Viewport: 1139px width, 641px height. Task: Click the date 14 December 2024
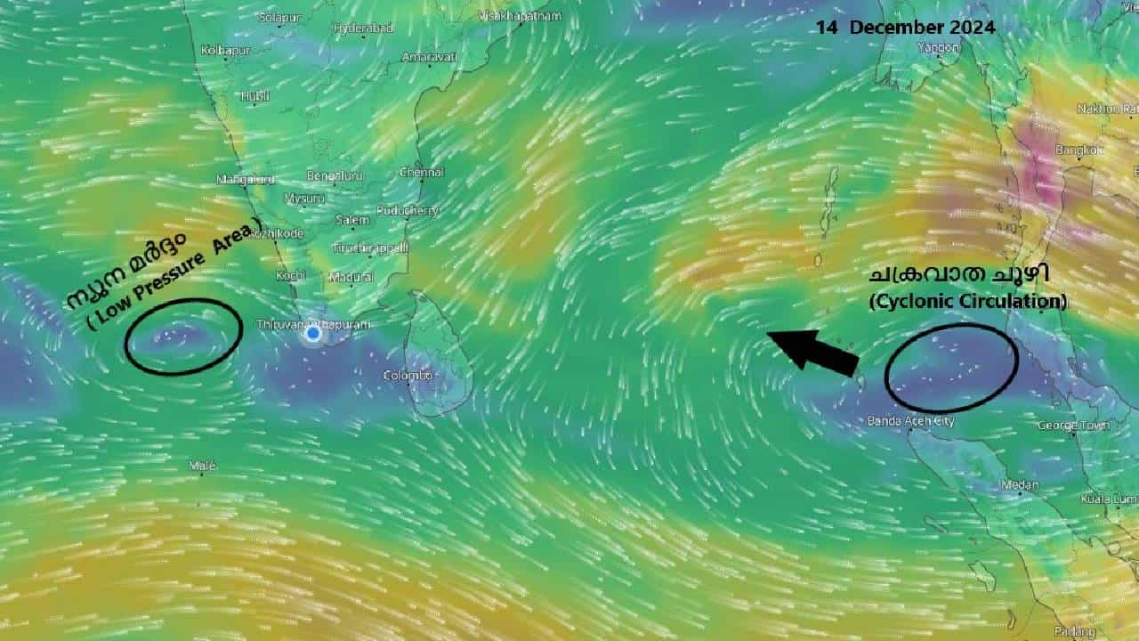tap(905, 28)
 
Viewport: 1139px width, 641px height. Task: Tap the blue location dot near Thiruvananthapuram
tap(313, 334)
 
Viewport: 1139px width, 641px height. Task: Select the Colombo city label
tap(408, 376)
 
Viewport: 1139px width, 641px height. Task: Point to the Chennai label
tap(422, 172)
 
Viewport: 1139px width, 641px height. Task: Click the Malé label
tap(203, 466)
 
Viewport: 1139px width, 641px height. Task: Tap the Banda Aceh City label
tap(910, 421)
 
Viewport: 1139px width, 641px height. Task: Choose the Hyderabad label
tap(363, 28)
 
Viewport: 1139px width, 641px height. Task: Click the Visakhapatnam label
tap(521, 16)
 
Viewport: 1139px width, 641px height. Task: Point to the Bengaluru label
tap(335, 176)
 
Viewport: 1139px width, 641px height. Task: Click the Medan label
tap(1020, 485)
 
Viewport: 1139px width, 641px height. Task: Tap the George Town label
tap(1073, 426)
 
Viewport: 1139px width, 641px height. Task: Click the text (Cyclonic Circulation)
tap(967, 301)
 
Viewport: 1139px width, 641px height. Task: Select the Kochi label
tap(290, 276)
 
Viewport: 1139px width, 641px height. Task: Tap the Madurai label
tap(351, 277)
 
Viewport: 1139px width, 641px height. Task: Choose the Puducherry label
tap(408, 211)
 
